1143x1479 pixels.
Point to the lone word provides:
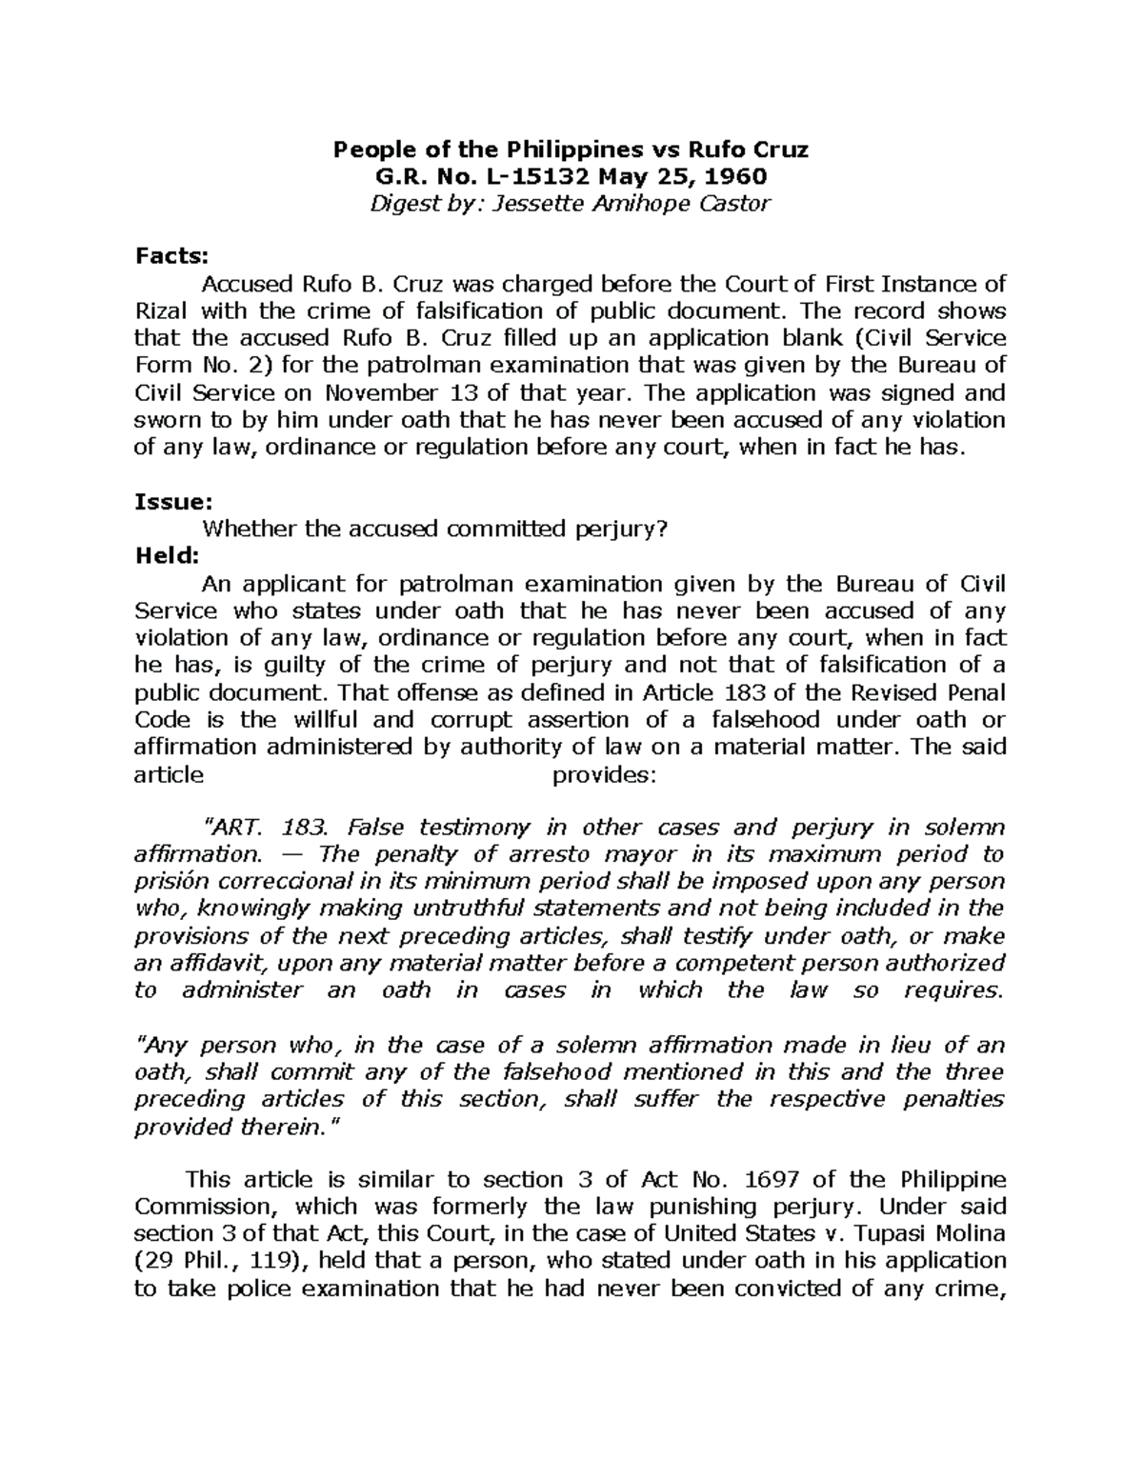click(x=604, y=774)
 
